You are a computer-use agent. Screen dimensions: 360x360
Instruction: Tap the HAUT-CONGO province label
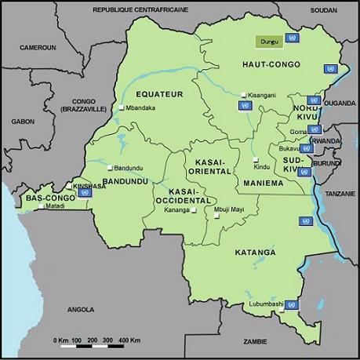[x=246, y=64]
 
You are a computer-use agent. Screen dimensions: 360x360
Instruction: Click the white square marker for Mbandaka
[x=121, y=107]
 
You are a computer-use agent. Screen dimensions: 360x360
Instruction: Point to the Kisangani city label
[x=263, y=95]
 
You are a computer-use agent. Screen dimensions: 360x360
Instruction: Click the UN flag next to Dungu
[x=293, y=38]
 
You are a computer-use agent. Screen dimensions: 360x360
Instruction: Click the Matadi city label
[x=55, y=206]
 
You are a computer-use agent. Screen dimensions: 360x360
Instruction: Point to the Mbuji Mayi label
[x=228, y=209]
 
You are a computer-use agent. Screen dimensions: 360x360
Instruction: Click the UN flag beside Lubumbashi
[x=291, y=304]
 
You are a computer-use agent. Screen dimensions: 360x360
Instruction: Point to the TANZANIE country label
[x=340, y=193]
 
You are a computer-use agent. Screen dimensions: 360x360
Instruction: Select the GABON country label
[x=23, y=122]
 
